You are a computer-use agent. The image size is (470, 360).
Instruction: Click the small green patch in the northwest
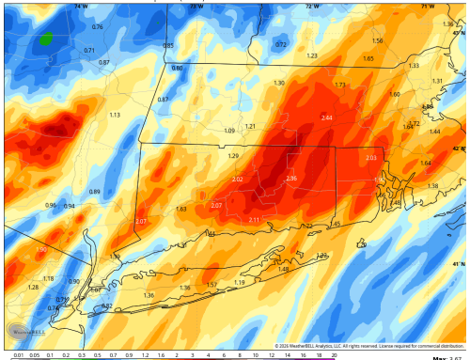pyautogui.click(x=46, y=39)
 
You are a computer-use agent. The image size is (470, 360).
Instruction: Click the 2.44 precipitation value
pyautogui.click(x=326, y=117)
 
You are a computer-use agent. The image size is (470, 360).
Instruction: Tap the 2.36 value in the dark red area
pyautogui.click(x=290, y=179)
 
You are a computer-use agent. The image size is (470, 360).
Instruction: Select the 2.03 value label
pyautogui.click(x=370, y=158)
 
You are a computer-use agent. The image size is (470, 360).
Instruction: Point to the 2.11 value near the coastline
pyautogui.click(x=254, y=219)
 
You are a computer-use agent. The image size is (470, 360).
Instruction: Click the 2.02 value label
pyautogui.click(x=237, y=180)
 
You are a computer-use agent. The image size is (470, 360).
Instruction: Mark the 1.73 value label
pyautogui.click(x=339, y=85)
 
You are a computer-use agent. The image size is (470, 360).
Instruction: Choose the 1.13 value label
pyautogui.click(x=114, y=115)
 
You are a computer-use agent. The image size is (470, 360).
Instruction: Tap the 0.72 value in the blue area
pyautogui.click(x=280, y=44)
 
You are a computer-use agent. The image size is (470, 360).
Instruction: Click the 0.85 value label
pyautogui.click(x=168, y=45)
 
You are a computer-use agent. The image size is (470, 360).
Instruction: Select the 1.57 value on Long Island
pyautogui.click(x=211, y=284)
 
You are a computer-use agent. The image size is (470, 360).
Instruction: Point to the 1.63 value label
pyautogui.click(x=180, y=209)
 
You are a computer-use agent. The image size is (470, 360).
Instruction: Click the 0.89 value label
pyautogui.click(x=94, y=191)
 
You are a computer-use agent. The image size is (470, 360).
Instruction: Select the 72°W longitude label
pyautogui.click(x=310, y=6)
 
